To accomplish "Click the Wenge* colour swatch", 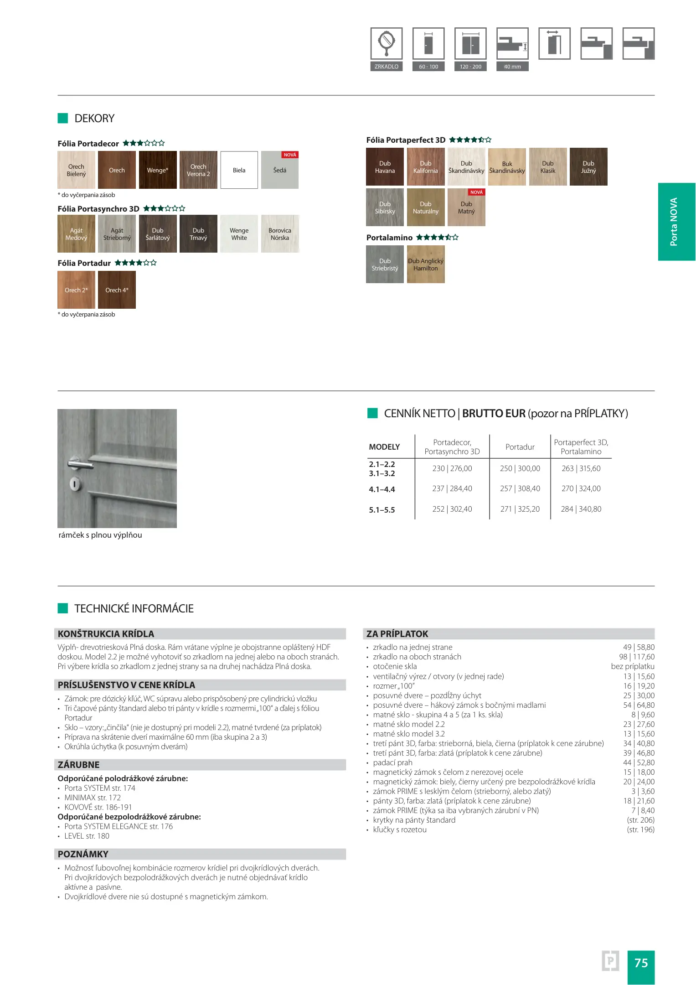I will (x=158, y=170).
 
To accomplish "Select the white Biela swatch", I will (x=239, y=170).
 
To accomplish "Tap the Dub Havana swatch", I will (x=385, y=167).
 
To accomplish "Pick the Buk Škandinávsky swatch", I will (x=507, y=167).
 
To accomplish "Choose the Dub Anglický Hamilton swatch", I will (x=426, y=264).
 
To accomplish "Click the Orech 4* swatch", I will (x=117, y=290).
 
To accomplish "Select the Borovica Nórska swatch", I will (x=280, y=234).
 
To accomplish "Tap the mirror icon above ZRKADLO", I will (x=387, y=43).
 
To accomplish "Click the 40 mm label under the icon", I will (x=512, y=67).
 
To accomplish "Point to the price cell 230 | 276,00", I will (x=452, y=468).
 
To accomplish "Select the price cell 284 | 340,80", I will (x=581, y=509).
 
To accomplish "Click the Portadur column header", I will (x=520, y=447).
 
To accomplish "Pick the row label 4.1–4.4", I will (x=382, y=489).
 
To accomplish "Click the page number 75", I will (x=641, y=963).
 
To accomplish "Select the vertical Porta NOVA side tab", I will (x=676, y=222).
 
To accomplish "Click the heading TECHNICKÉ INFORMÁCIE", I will (x=134, y=608).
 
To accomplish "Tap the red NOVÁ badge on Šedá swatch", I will (x=290, y=155).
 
